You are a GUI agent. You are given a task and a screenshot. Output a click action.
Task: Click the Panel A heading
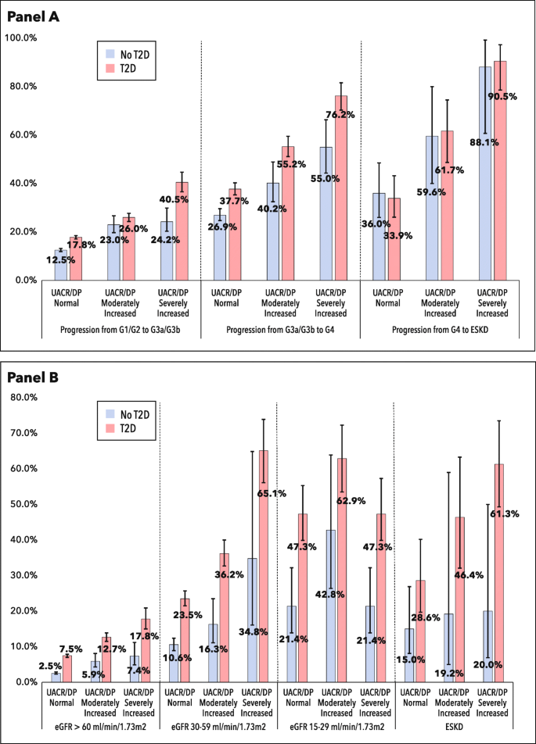(37, 15)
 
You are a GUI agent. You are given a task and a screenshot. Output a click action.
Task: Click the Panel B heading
(37, 378)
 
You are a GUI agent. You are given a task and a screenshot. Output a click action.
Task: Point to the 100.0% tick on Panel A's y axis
(22, 38)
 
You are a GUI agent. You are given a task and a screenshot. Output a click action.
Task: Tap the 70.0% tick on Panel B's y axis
(22, 432)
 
